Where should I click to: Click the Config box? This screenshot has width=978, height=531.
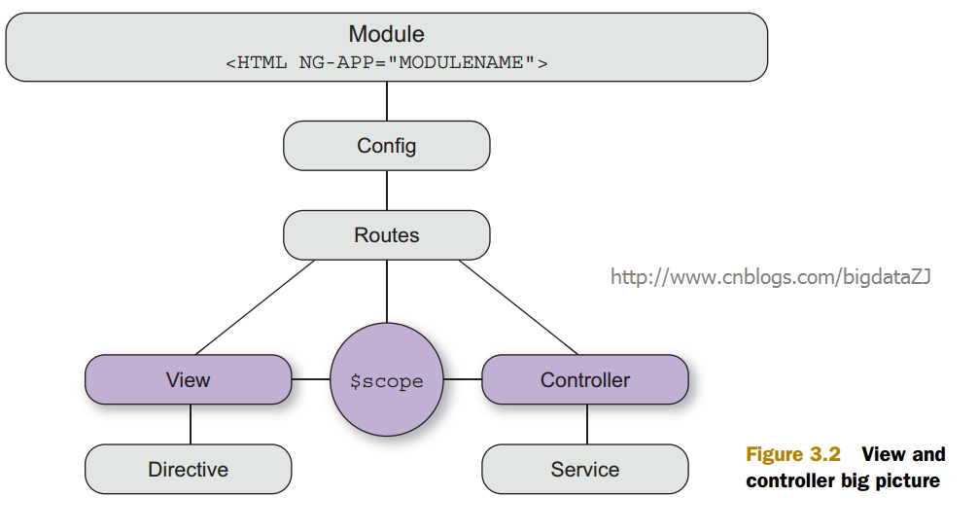click(387, 145)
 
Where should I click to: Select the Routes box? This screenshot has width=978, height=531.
click(387, 235)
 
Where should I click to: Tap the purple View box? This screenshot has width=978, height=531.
click(188, 379)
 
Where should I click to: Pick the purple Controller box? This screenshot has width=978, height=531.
click(585, 379)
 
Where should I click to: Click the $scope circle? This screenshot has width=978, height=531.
click(387, 379)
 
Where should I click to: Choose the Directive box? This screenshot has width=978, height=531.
click(188, 469)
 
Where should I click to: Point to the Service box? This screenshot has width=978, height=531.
click(585, 469)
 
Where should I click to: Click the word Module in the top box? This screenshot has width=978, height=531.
click(386, 34)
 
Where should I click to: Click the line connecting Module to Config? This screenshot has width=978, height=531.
click(387, 101)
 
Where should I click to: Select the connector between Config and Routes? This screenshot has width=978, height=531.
click(387, 191)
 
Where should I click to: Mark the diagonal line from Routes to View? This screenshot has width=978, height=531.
click(255, 307)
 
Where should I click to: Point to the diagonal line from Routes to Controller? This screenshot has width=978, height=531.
click(518, 307)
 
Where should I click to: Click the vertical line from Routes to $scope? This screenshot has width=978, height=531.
click(387, 292)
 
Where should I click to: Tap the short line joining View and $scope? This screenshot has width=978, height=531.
click(311, 378)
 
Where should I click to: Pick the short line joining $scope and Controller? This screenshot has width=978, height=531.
click(462, 378)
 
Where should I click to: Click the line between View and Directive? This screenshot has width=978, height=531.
click(191, 424)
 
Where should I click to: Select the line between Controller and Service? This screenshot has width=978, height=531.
click(587, 424)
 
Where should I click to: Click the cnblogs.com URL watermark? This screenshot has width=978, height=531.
click(770, 276)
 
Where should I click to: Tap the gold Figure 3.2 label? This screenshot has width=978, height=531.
click(793, 454)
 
